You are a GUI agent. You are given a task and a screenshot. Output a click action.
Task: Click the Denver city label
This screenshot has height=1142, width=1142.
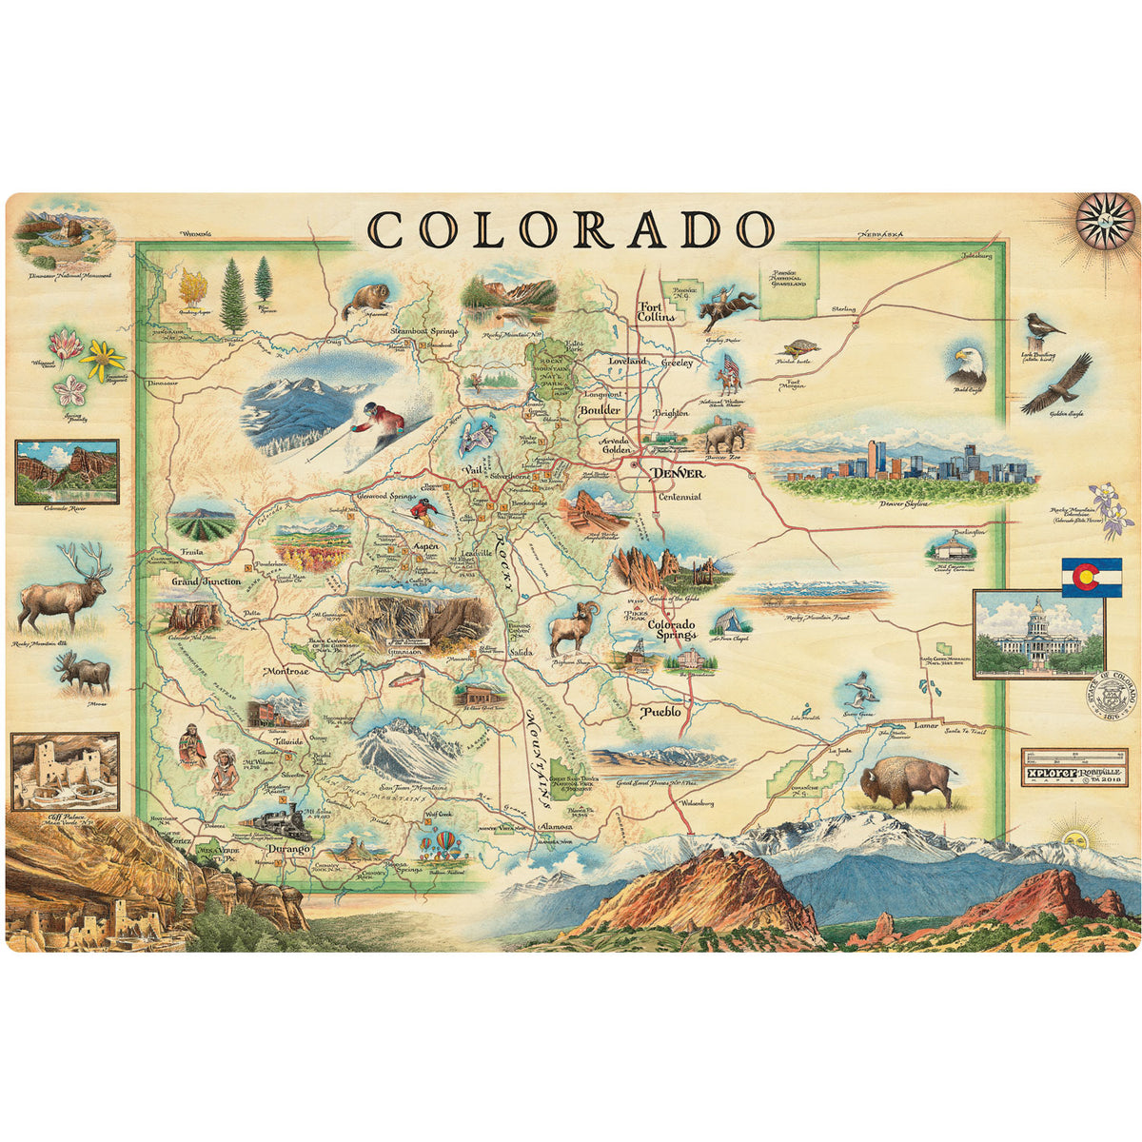click(678, 473)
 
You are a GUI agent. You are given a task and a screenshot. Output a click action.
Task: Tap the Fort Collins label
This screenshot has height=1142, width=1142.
click(657, 311)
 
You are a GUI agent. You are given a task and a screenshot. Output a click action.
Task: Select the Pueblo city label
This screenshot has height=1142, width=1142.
click(661, 711)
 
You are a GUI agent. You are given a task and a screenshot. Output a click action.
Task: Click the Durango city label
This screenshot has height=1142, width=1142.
click(288, 847)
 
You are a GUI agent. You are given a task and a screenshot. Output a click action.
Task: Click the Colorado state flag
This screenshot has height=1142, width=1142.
click(1092, 577)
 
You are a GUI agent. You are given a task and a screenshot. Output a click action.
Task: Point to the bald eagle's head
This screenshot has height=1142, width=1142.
click(963, 361)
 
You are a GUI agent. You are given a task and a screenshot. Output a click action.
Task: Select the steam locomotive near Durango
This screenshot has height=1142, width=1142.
click(274, 820)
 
